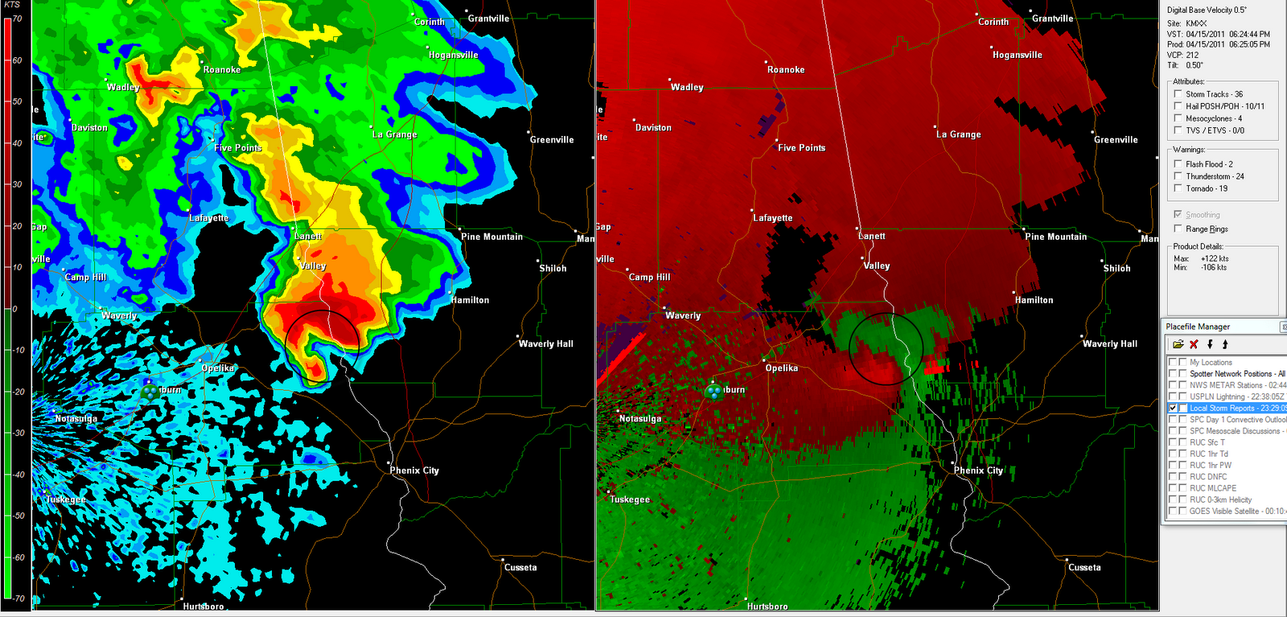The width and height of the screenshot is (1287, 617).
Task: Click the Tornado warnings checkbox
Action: pyautogui.click(x=1178, y=188)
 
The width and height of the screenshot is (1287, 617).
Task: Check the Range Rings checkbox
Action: pyautogui.click(x=1178, y=228)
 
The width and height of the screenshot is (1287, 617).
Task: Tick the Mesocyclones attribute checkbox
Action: pyautogui.click(x=1178, y=118)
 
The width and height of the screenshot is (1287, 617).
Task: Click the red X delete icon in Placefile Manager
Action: pyautogui.click(x=1194, y=344)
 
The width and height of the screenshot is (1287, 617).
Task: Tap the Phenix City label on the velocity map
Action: pyautogui.click(x=978, y=471)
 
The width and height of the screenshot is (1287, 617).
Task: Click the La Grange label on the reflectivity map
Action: pyautogui.click(x=394, y=134)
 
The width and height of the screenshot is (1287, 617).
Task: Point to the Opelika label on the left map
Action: pyautogui.click(x=217, y=368)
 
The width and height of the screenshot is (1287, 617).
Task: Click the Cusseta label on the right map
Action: pyautogui.click(x=1083, y=567)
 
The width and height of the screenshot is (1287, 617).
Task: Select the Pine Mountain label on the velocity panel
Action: pyautogui.click(x=1055, y=237)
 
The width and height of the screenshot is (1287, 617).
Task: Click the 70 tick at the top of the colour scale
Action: pyautogui.click(x=17, y=19)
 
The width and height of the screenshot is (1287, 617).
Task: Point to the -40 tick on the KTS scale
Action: pyautogui.click(x=17, y=475)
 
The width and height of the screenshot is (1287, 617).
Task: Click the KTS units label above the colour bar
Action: pyautogui.click(x=12, y=5)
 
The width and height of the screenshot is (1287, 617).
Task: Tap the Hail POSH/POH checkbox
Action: pyautogui.click(x=1178, y=106)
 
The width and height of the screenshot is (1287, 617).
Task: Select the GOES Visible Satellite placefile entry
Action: pyautogui.click(x=1236, y=511)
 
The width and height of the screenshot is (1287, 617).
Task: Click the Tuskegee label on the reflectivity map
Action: pyautogui.click(x=65, y=500)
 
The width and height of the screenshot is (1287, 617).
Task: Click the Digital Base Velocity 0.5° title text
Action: pyautogui.click(x=1207, y=10)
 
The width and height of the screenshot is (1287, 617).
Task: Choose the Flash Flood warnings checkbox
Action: pyautogui.click(x=1178, y=164)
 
